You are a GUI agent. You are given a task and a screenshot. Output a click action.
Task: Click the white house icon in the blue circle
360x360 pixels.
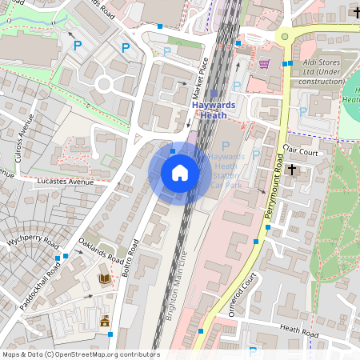point(180,172)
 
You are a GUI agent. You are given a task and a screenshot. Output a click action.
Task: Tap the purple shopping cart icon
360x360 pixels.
point(264,63)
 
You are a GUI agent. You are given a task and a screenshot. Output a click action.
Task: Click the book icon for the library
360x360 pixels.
point(103,278)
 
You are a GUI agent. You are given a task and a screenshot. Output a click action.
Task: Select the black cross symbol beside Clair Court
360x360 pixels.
point(292,169)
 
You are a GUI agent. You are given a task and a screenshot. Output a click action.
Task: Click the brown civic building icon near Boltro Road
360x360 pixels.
point(104,321)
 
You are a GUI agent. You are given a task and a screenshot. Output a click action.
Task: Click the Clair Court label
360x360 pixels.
point(300,150)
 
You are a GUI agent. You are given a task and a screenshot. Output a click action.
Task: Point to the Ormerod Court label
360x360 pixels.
point(242,294)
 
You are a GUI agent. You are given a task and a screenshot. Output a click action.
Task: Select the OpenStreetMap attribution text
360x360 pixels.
point(80,354)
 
